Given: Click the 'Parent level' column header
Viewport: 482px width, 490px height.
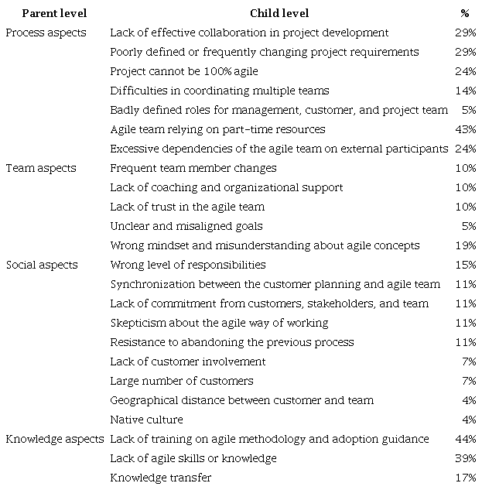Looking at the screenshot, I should [x=54, y=13].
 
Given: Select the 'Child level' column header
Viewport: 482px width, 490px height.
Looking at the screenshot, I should [x=279, y=13].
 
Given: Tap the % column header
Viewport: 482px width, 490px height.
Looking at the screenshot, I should [x=464, y=13].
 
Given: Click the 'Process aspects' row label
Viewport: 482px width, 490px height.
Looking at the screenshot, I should [x=46, y=33].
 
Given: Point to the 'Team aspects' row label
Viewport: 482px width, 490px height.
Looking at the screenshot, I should [x=41, y=168].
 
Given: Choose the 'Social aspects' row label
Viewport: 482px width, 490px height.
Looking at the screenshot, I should [x=42, y=265].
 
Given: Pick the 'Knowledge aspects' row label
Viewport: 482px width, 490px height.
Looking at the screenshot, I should [x=55, y=439].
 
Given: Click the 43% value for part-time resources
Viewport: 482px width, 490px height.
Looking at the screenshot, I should [x=466, y=129].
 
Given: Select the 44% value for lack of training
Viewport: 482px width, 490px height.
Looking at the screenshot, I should [x=466, y=439].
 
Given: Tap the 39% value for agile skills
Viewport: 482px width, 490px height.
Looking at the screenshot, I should [x=466, y=458].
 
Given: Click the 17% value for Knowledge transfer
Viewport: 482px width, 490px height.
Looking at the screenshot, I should [x=466, y=478].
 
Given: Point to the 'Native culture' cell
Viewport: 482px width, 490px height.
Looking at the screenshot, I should [x=146, y=420].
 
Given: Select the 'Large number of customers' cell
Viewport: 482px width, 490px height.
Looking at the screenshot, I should [x=181, y=381].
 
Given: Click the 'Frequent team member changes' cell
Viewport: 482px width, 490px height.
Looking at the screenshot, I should [x=193, y=168].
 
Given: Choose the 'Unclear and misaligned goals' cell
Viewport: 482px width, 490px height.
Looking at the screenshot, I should [x=186, y=226].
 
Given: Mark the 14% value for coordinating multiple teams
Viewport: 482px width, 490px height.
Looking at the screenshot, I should [x=466, y=91].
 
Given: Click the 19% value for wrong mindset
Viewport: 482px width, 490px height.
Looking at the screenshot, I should [x=466, y=245].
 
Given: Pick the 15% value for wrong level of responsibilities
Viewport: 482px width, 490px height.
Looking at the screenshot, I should [x=466, y=265].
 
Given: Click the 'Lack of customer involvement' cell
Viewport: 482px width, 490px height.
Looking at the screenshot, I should [x=188, y=362].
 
